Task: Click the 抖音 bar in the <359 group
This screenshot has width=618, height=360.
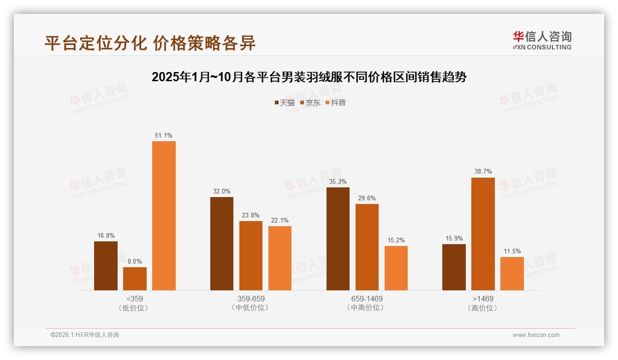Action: click(x=164, y=216)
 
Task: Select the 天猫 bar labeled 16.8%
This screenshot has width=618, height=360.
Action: click(x=106, y=266)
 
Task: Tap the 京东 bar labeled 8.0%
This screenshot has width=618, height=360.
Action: click(x=135, y=279)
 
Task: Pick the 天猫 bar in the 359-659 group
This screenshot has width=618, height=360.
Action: click(x=222, y=244)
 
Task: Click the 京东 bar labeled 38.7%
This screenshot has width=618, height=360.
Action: click(x=483, y=234)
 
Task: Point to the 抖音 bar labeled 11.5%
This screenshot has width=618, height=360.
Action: click(x=512, y=274)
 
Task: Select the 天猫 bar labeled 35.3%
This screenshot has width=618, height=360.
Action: click(x=338, y=239)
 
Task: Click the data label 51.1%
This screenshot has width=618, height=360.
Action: click(x=164, y=136)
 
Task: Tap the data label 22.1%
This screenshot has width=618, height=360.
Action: click(x=280, y=221)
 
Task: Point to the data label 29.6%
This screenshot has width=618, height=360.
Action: click(x=367, y=198)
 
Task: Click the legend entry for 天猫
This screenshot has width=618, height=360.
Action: click(x=285, y=102)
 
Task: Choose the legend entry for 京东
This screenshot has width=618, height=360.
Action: click(x=310, y=102)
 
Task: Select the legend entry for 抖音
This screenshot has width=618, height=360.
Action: click(x=336, y=102)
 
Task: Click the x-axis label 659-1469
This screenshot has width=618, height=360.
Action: click(x=367, y=299)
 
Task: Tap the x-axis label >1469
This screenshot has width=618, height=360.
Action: click(x=483, y=299)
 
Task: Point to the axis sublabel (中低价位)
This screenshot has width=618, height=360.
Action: click(x=251, y=308)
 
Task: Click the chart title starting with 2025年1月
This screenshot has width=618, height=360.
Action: click(x=309, y=77)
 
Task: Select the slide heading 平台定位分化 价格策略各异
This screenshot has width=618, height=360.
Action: click(x=150, y=43)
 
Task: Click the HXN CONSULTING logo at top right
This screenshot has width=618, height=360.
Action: click(x=542, y=41)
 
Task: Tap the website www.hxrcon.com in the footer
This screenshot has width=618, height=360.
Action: click(x=536, y=335)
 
